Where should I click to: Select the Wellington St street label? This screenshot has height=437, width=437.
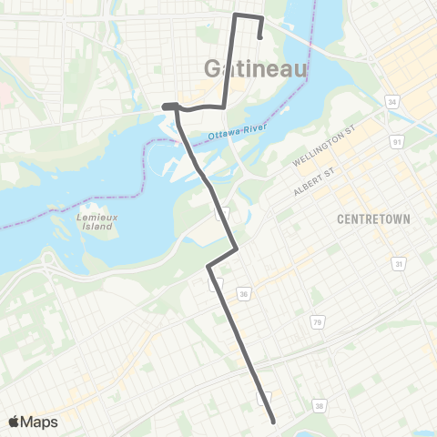click(320, 148)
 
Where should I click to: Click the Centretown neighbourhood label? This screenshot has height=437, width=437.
click(373, 219)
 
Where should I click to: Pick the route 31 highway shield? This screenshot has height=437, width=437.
click(398, 263)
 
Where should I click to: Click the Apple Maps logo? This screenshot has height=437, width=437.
click(33, 422)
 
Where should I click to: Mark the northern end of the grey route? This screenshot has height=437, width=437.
click(261, 38)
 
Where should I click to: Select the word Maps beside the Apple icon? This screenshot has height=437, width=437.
click(41, 422)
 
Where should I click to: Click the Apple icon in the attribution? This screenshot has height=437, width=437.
click(15, 421)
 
